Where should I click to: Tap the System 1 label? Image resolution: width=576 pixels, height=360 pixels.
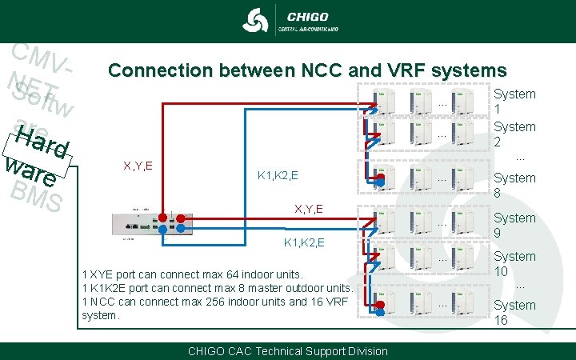[514, 102]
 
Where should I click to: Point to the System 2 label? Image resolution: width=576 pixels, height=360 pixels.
[514, 134]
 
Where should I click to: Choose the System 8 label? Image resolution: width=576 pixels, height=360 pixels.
[514, 186]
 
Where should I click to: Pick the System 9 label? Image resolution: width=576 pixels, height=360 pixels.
[514, 226]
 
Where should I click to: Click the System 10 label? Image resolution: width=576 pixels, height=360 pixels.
[514, 264]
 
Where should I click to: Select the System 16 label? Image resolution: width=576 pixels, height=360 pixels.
[514, 313]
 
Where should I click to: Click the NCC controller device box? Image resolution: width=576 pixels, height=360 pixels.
[151, 224]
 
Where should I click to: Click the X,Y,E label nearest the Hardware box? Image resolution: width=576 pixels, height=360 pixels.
[138, 166]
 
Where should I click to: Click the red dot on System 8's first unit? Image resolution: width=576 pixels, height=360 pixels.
[382, 180]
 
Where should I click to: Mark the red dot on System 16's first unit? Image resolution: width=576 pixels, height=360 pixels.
[381, 305]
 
